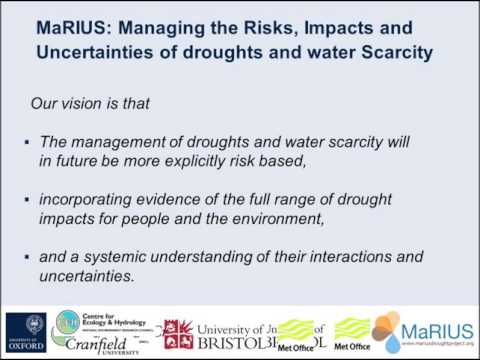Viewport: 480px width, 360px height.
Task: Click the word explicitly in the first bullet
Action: [244, 157]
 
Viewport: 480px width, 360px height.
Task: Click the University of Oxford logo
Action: [25, 333]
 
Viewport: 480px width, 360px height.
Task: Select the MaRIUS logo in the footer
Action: [420, 333]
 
